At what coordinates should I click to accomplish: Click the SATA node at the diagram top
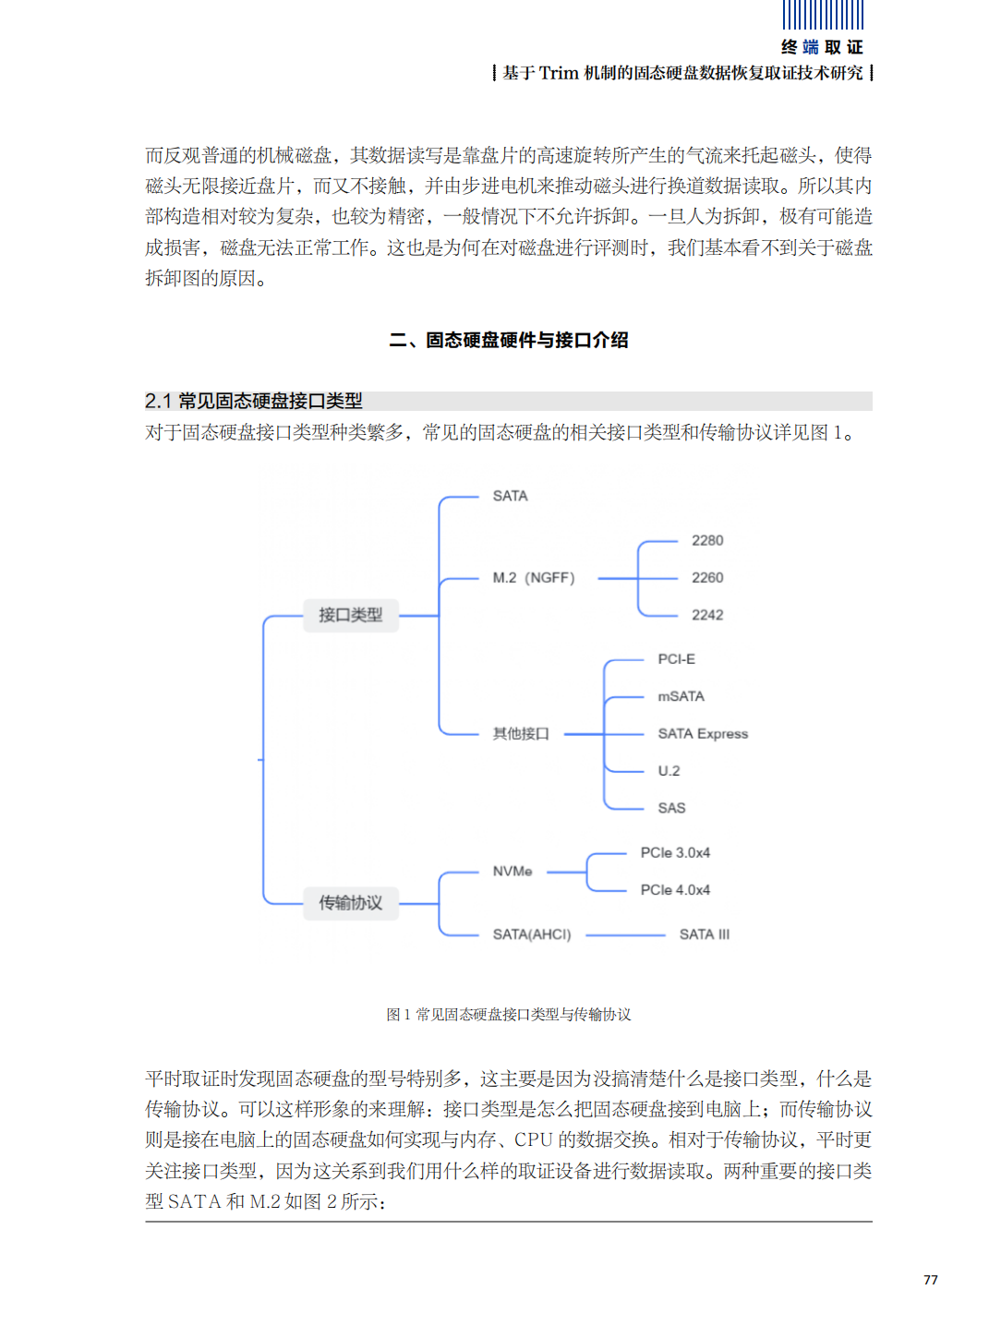pyautogui.click(x=510, y=496)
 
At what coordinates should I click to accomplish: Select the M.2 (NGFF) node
pyautogui.click(x=533, y=578)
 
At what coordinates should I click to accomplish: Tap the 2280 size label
pyautogui.click(x=706, y=540)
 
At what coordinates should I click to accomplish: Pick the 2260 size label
pyautogui.click(x=706, y=578)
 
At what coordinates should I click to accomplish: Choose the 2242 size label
pyautogui.click(x=706, y=615)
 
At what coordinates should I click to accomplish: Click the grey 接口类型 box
pyautogui.click(x=351, y=615)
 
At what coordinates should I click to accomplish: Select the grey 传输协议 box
pyautogui.click(x=351, y=903)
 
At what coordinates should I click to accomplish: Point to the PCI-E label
pyautogui.click(x=676, y=659)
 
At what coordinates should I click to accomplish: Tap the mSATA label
pyautogui.click(x=681, y=696)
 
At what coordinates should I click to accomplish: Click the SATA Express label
pyautogui.click(x=702, y=734)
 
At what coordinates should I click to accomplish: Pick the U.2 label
pyautogui.click(x=669, y=771)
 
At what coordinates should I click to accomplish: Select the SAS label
pyautogui.click(x=671, y=808)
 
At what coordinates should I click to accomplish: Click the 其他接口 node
pyautogui.click(x=521, y=734)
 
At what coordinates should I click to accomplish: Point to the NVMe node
pyautogui.click(x=513, y=871)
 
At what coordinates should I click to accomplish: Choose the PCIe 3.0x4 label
pyautogui.click(x=675, y=852)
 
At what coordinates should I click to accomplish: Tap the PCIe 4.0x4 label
pyautogui.click(x=675, y=890)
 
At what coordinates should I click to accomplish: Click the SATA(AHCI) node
pyautogui.click(x=532, y=934)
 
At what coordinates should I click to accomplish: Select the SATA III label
pyautogui.click(x=705, y=934)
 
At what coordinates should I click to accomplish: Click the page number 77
pyautogui.click(x=930, y=1280)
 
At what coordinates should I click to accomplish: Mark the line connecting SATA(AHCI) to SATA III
pyautogui.click(x=625, y=935)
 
